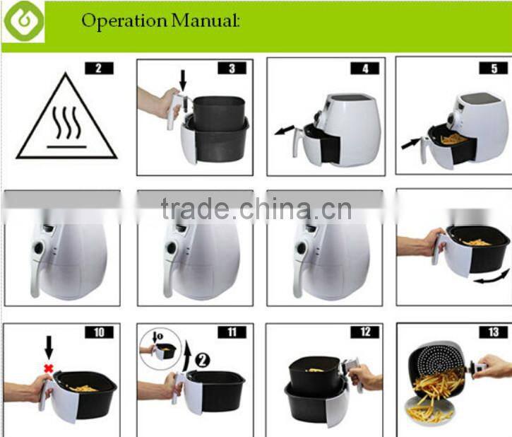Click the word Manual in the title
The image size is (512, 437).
pyautogui.click(x=206, y=21)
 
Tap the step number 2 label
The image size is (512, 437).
pyautogui.click(x=98, y=69)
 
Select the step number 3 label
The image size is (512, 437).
pyautogui.click(x=232, y=69)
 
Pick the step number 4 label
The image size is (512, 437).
pyautogui.click(x=364, y=69)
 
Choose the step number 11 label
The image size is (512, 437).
pyautogui.click(x=232, y=332)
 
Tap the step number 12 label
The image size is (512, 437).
pyautogui.click(x=364, y=332)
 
